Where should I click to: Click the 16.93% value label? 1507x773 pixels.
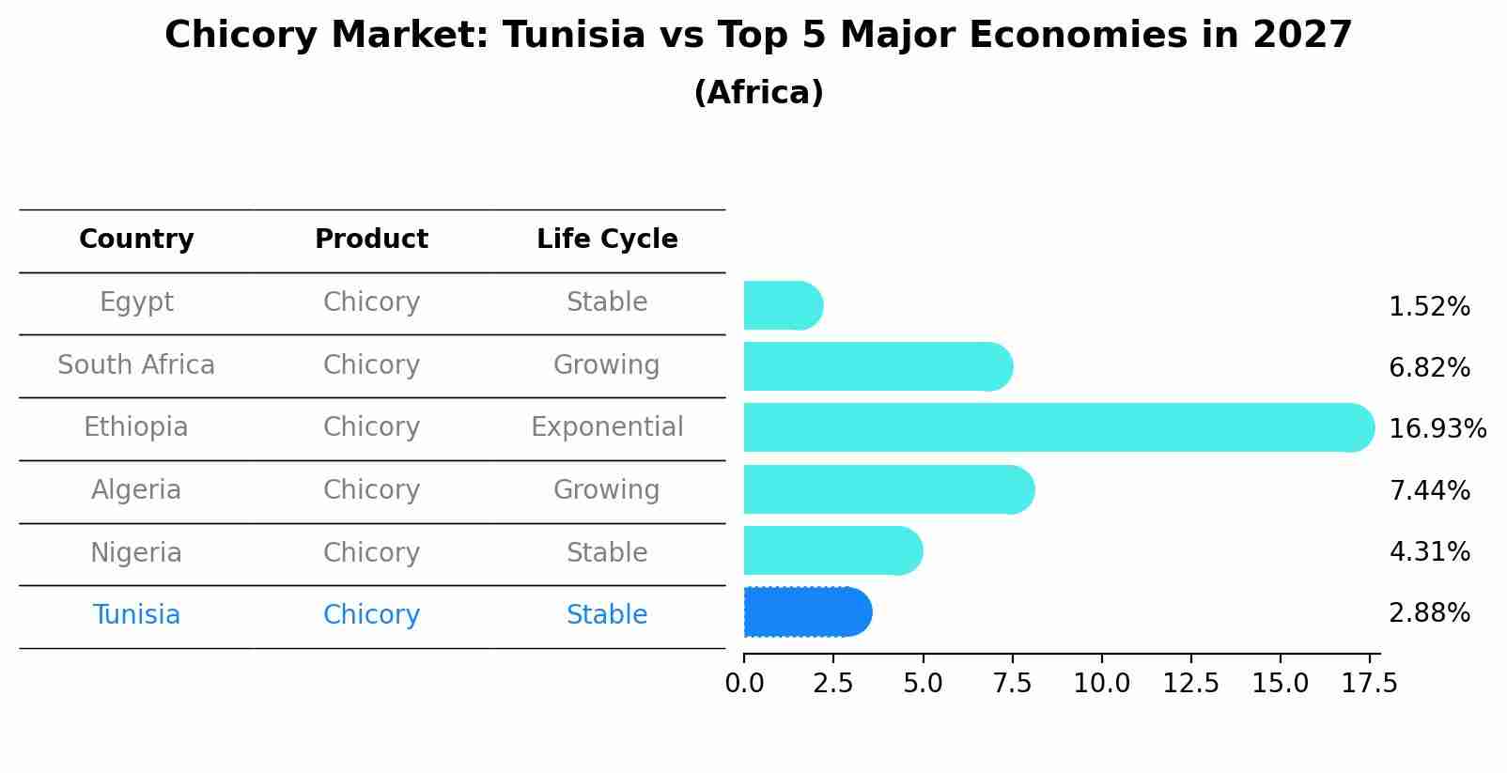1437,429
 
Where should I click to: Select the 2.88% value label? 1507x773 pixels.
1429,613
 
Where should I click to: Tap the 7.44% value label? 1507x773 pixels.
1429,490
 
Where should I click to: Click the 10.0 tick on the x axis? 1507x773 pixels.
1101,684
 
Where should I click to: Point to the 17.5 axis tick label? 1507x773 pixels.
1370,684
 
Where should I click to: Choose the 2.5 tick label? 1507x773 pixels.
833,684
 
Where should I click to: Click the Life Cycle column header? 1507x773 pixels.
607,240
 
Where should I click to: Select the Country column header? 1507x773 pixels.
136,240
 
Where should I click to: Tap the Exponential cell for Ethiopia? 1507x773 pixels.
607,427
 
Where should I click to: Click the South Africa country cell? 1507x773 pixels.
136,365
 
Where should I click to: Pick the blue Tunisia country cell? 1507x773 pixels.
136,615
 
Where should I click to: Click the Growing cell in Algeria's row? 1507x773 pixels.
607,490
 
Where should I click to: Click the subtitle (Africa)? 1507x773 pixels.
758,93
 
